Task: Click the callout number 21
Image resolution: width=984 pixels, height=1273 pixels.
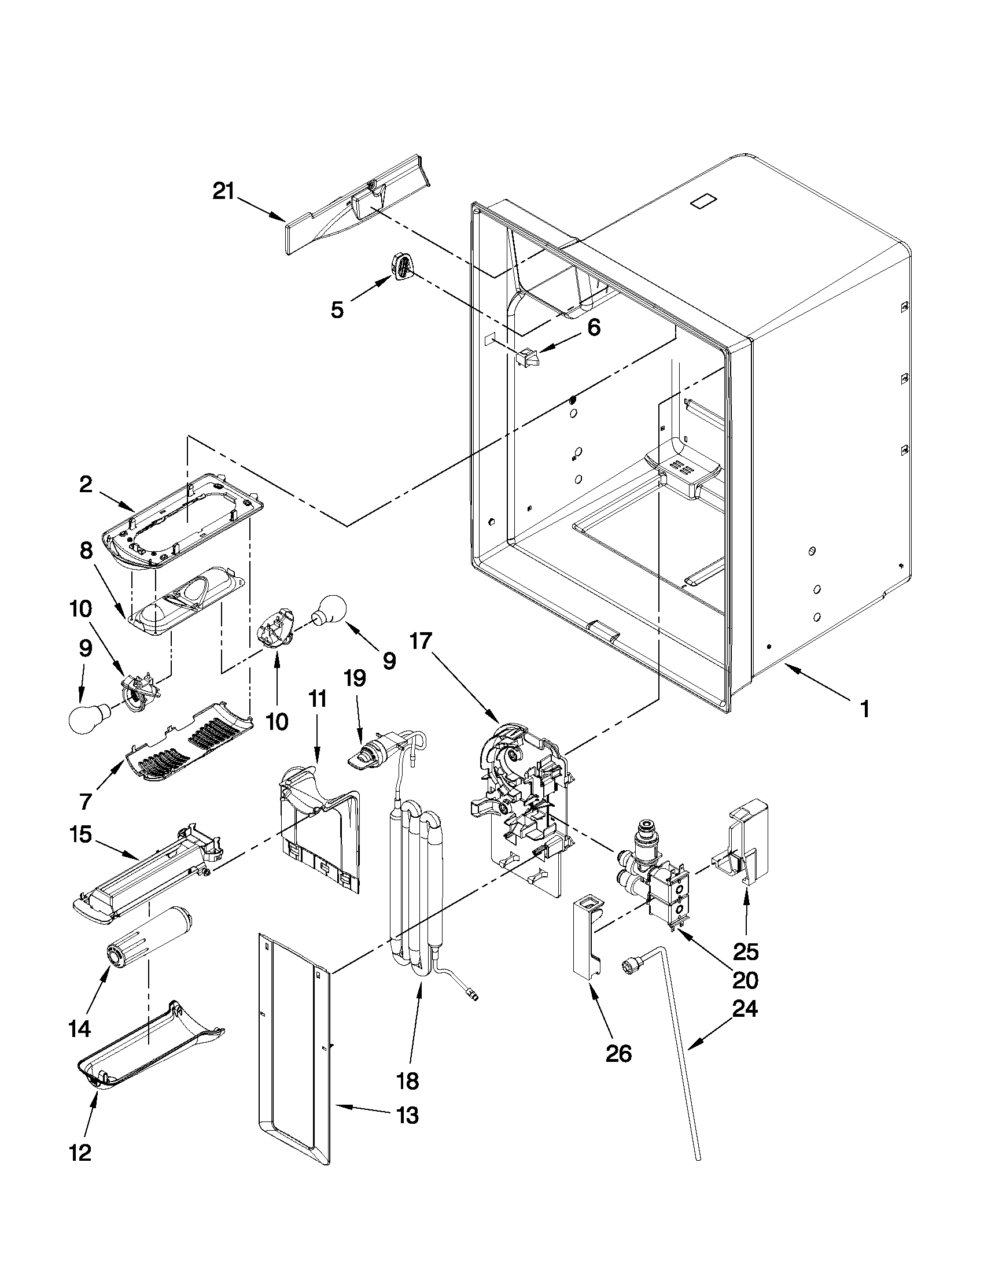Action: (x=223, y=191)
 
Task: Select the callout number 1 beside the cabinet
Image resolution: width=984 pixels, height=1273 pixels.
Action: (x=864, y=709)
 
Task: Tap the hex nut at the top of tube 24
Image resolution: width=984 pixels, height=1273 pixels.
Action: (x=631, y=965)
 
